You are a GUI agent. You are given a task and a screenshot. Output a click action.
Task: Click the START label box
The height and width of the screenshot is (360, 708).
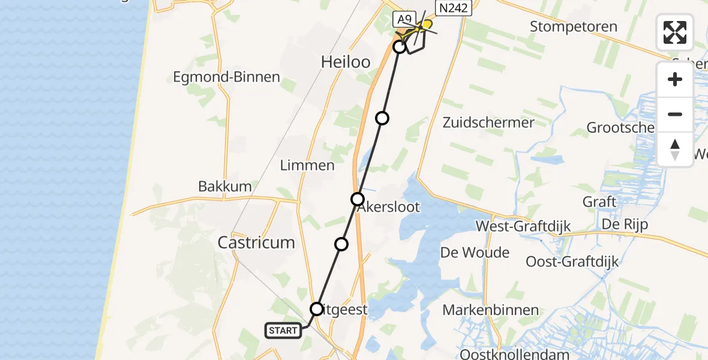283,331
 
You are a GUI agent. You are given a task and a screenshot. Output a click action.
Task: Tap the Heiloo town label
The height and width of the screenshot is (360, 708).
345,61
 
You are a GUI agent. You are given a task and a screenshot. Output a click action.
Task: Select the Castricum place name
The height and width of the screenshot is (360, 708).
256,242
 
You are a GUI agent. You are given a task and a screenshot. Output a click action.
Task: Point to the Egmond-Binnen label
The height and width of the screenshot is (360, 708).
226,77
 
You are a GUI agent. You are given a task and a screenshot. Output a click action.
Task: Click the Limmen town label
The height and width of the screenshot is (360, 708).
307,165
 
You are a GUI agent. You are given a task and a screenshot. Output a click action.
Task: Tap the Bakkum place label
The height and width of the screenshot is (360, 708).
225,187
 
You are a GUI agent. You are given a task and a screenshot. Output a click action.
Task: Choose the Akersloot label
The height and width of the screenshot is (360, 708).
389,208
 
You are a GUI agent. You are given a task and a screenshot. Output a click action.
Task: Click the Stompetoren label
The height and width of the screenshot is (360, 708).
574,26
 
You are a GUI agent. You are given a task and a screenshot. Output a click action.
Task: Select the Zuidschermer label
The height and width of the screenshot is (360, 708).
488,122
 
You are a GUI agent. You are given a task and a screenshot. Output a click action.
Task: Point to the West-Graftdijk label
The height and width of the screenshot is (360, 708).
523,226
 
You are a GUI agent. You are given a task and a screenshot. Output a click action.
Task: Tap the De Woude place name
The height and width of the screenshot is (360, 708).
475,252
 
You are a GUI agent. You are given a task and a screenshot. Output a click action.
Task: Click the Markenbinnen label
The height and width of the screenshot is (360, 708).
484,310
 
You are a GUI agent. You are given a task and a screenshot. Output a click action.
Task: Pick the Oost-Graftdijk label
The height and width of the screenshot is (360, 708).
572,262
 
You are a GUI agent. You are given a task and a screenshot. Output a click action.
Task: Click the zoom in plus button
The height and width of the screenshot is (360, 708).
675,79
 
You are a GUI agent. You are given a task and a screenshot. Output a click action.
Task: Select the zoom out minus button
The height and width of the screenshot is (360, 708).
675,114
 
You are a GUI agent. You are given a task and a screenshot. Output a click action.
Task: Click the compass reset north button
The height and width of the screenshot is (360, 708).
675,149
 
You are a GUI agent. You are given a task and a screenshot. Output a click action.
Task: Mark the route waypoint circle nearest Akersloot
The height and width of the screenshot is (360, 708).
358,199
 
